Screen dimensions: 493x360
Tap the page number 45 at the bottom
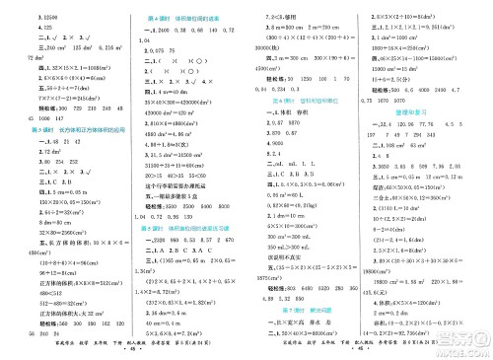tap(184, 350)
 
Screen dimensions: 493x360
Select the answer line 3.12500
tap(21, 7)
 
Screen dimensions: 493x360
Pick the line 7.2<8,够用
tap(273, 7)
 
